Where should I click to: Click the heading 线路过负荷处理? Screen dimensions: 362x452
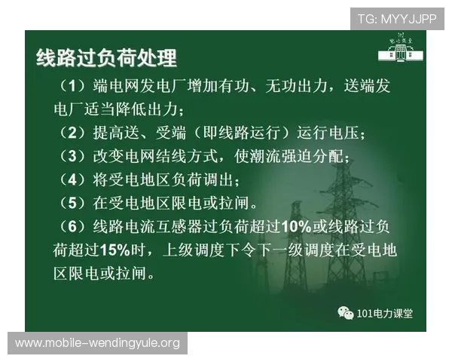pos(106,58)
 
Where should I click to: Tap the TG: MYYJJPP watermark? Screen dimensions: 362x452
pos(397,19)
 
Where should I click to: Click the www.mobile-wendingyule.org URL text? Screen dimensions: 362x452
pos(98,343)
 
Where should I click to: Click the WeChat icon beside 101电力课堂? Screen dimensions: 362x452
pos(344,312)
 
